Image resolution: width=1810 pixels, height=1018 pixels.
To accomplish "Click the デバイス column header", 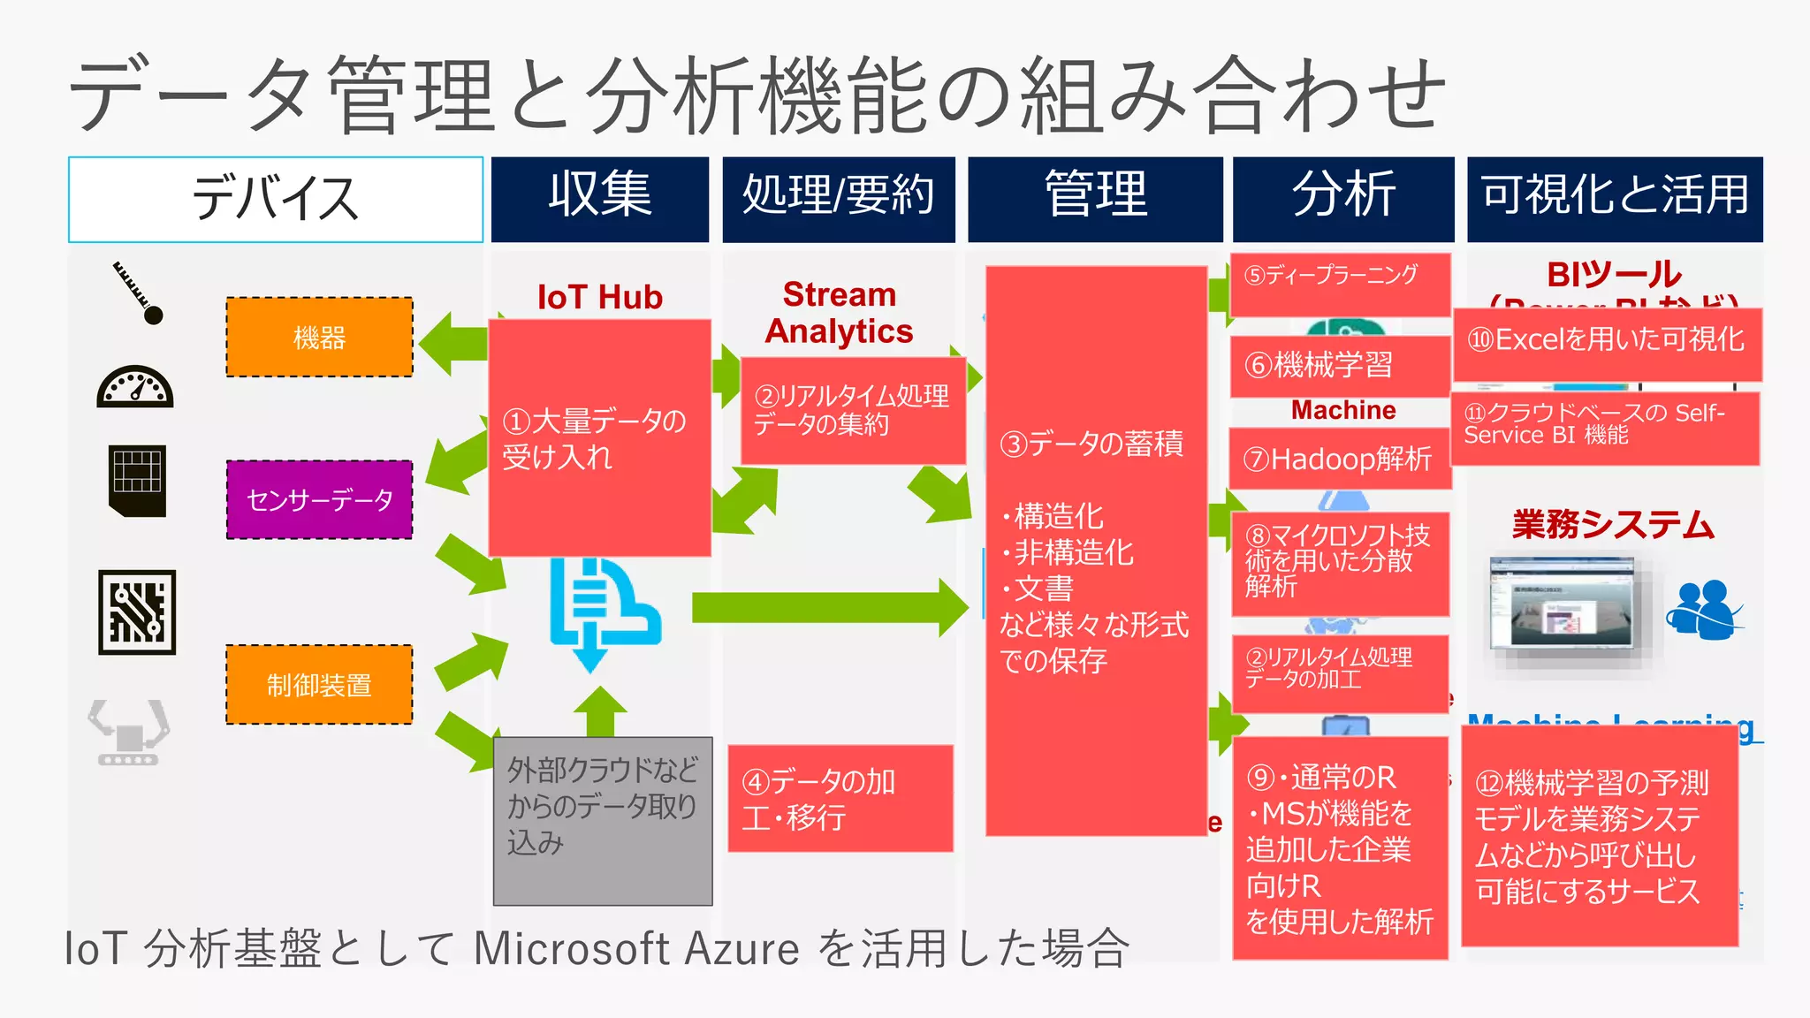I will (276, 199).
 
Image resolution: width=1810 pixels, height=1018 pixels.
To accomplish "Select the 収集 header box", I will (600, 199).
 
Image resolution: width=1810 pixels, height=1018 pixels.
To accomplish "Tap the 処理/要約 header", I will (839, 199).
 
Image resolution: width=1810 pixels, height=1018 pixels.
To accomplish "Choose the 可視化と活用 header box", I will (1615, 199).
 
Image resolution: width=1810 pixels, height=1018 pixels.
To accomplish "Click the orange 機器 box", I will (319, 338).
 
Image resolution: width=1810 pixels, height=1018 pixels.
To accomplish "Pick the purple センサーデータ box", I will (319, 500).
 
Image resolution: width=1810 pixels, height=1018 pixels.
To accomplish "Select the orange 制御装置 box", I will (319, 685).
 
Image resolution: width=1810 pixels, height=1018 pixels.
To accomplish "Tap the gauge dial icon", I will (135, 387).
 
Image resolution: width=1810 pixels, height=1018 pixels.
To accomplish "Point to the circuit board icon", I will (137, 612).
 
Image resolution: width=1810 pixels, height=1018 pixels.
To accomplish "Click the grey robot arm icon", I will (129, 732).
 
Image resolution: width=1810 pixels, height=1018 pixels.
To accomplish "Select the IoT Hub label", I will (600, 297).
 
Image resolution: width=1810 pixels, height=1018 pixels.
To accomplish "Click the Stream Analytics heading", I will (839, 313).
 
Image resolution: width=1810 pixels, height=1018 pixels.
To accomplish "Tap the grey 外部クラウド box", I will (603, 821).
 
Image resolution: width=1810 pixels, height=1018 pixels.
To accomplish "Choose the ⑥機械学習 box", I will (1339, 365).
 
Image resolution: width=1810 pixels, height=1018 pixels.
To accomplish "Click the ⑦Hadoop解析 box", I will (1339, 459).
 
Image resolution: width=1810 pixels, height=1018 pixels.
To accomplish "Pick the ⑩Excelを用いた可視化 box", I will (1607, 343).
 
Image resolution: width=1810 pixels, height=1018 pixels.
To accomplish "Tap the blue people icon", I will (1703, 610).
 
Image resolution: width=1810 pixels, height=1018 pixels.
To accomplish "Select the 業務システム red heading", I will (1613, 525).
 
